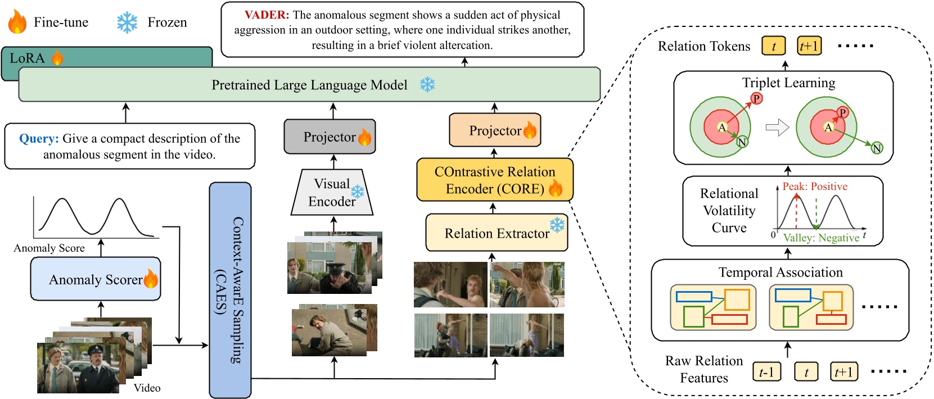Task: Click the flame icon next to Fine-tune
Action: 17,22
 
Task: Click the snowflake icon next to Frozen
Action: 127,22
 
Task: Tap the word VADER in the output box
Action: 267,15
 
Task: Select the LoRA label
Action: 27,58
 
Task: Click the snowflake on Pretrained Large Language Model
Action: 428,85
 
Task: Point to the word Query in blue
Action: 39,138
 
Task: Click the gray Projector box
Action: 330,137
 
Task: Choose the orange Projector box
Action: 495,130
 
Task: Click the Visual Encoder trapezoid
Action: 332,193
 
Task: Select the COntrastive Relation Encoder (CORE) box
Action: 494,180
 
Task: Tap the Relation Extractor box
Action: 497,233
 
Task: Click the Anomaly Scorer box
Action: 96,279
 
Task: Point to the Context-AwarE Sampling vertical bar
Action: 230,290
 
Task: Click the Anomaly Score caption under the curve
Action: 49,248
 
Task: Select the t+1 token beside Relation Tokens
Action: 809,46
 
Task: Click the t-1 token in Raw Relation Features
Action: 766,371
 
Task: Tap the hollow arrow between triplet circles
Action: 777,128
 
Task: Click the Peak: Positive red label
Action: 815,186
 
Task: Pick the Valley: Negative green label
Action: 821,238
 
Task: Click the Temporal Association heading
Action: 780,272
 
